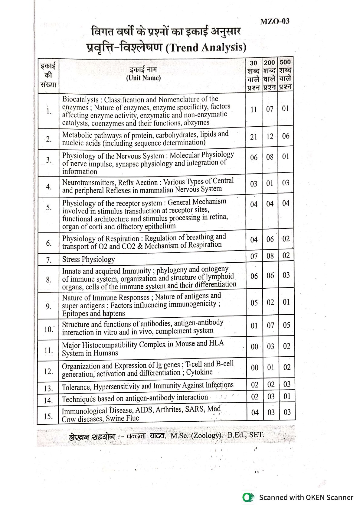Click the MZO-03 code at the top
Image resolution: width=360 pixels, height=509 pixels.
[274, 21]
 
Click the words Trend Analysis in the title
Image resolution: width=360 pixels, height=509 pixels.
[206, 48]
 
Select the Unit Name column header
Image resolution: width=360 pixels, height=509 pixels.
[143, 78]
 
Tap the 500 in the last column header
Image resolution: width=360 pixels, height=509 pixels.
[285, 63]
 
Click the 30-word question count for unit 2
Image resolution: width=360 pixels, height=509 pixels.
[254, 137]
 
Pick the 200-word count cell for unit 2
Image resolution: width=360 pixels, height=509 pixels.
[270, 137]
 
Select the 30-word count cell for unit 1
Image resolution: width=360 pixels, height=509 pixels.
[254, 110]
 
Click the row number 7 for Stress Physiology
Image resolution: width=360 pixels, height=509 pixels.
[48, 260]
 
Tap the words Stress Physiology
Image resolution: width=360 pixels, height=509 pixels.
[88, 259]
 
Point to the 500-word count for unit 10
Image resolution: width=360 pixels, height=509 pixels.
[286, 325]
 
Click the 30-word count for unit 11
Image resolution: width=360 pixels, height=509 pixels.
[254, 347]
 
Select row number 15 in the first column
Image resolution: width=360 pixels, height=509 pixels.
[48, 416]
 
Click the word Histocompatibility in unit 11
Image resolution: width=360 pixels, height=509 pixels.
[124, 345]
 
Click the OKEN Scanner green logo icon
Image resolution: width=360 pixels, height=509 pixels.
[248, 498]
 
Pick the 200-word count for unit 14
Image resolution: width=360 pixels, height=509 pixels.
[271, 397]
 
